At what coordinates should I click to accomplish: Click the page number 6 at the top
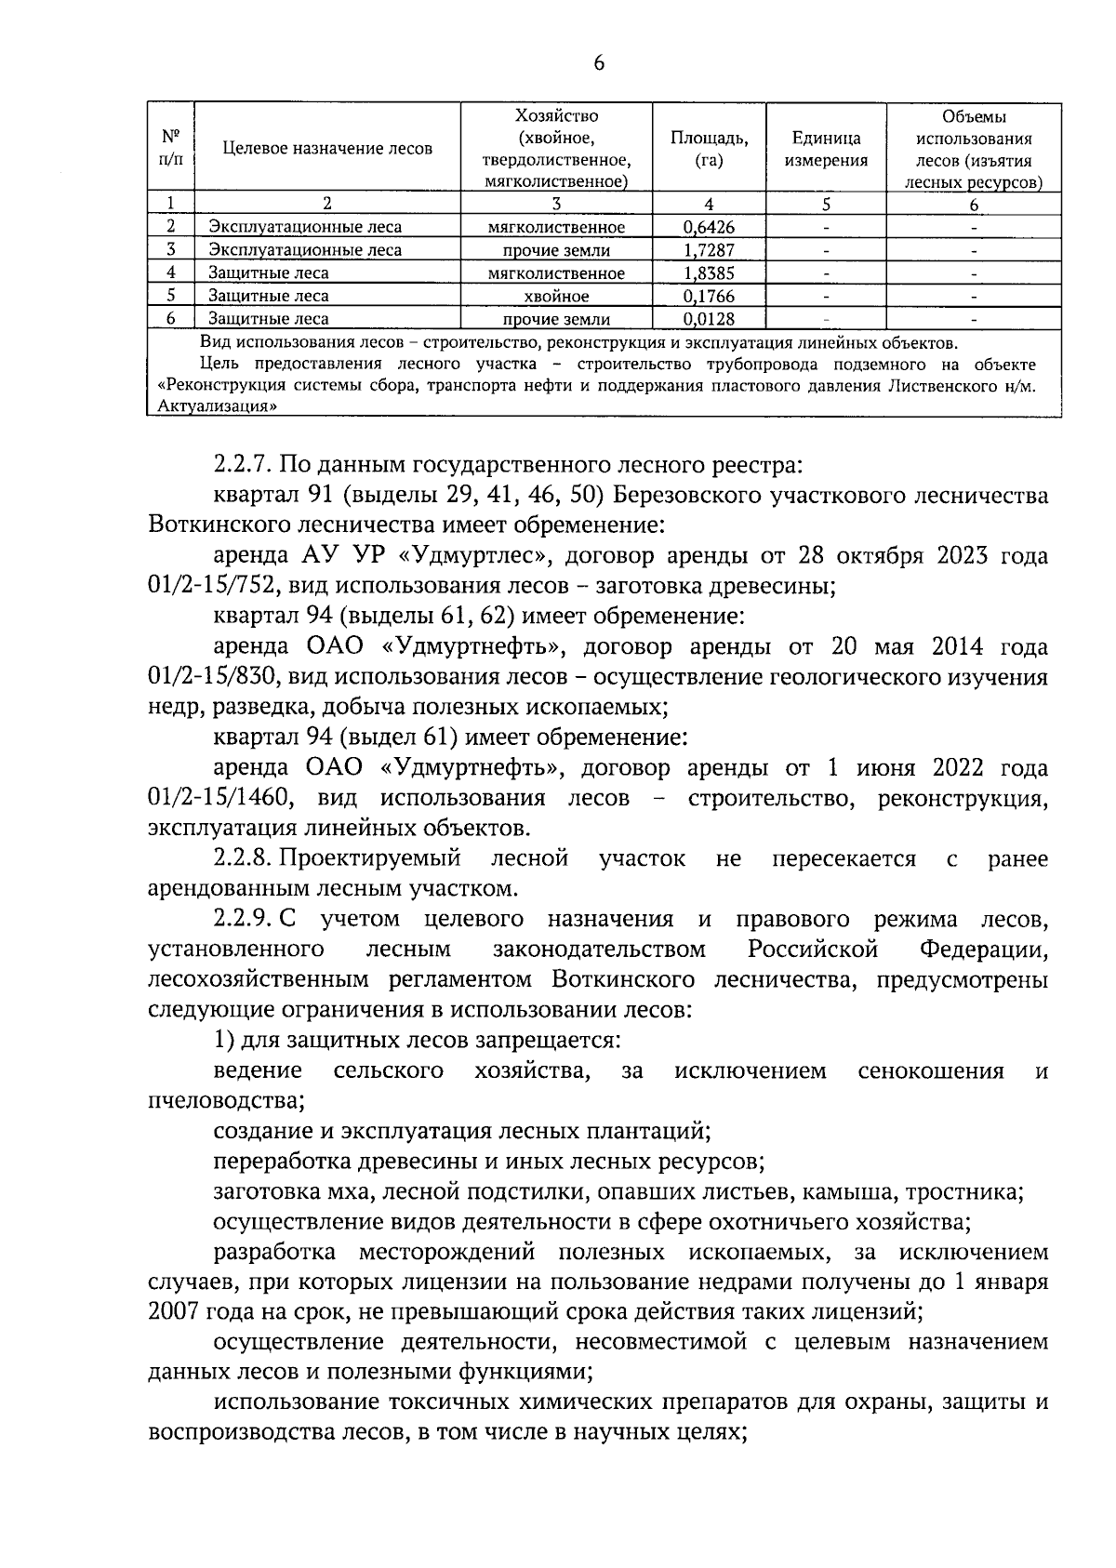tap(598, 62)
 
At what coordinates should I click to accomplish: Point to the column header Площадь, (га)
tap(709, 149)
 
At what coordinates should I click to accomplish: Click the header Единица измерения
tap(825, 149)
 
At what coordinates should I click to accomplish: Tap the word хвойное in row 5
tap(556, 296)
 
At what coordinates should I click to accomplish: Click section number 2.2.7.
tap(244, 465)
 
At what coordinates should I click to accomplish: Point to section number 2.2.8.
tap(244, 858)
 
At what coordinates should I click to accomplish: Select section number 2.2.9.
tap(244, 919)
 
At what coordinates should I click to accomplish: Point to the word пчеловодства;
tap(227, 1100)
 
